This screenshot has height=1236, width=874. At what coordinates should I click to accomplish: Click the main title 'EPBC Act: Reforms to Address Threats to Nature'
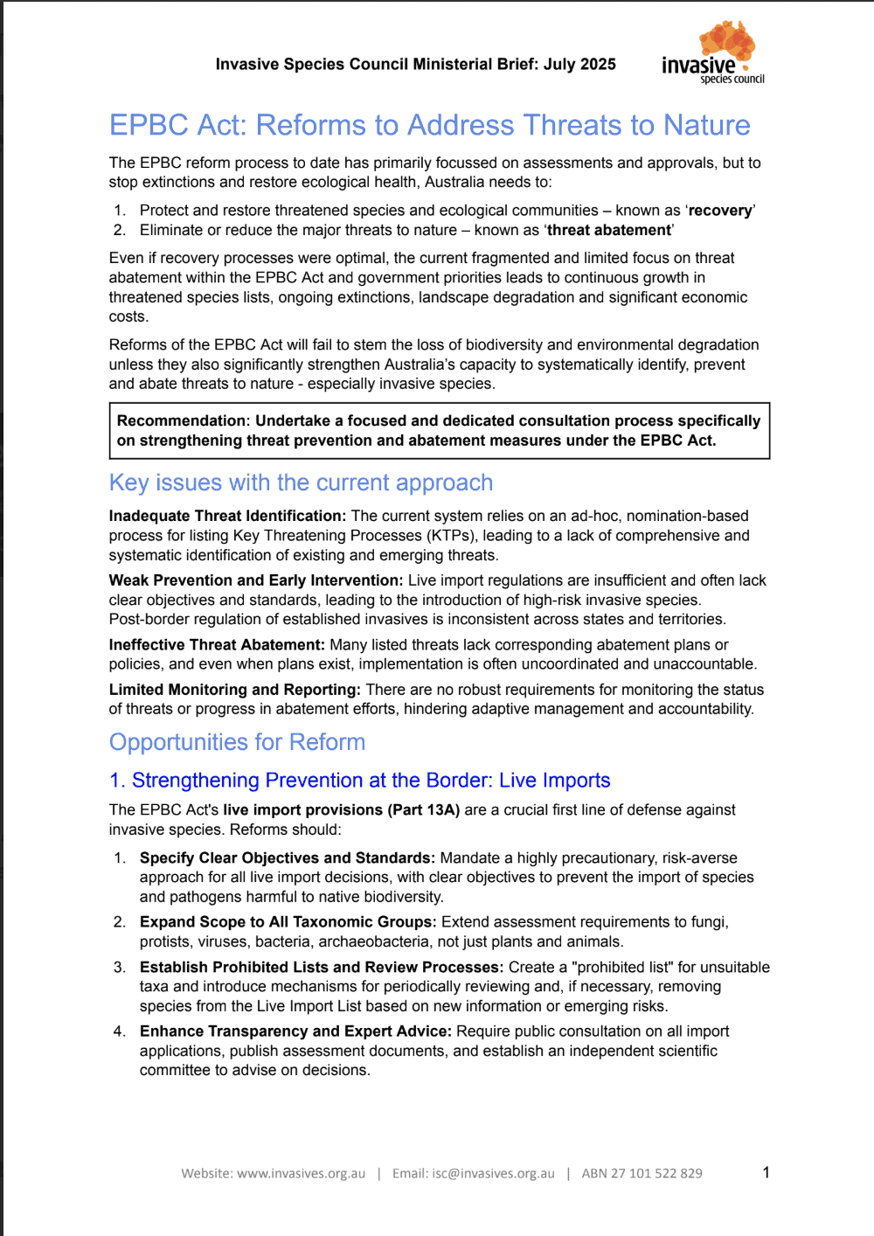[x=429, y=125]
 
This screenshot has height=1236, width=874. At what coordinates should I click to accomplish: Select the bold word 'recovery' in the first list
[x=720, y=211]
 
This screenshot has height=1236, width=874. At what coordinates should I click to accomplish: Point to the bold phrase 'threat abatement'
[x=609, y=230]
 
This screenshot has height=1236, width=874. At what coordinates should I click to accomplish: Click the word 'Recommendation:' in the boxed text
[x=184, y=420]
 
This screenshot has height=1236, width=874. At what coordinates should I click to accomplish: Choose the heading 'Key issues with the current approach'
[x=301, y=483]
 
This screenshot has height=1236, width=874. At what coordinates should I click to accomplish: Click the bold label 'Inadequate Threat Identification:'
[x=227, y=516]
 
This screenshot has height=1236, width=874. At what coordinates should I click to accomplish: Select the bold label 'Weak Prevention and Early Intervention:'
[x=255, y=580]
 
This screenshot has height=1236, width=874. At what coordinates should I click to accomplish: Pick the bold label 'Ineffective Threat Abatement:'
[x=217, y=645]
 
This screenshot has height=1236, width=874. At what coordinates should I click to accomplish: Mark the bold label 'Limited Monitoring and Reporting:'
[x=234, y=690]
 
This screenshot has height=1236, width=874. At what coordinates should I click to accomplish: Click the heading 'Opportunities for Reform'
[x=237, y=742]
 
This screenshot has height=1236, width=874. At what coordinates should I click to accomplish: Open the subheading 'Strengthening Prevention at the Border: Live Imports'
[x=371, y=781]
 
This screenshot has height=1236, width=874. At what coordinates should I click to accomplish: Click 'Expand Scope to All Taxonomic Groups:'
[x=288, y=922]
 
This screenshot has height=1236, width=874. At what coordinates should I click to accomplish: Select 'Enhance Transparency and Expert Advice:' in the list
[x=295, y=1031]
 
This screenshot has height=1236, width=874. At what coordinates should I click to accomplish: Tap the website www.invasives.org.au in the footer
[x=301, y=1173]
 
